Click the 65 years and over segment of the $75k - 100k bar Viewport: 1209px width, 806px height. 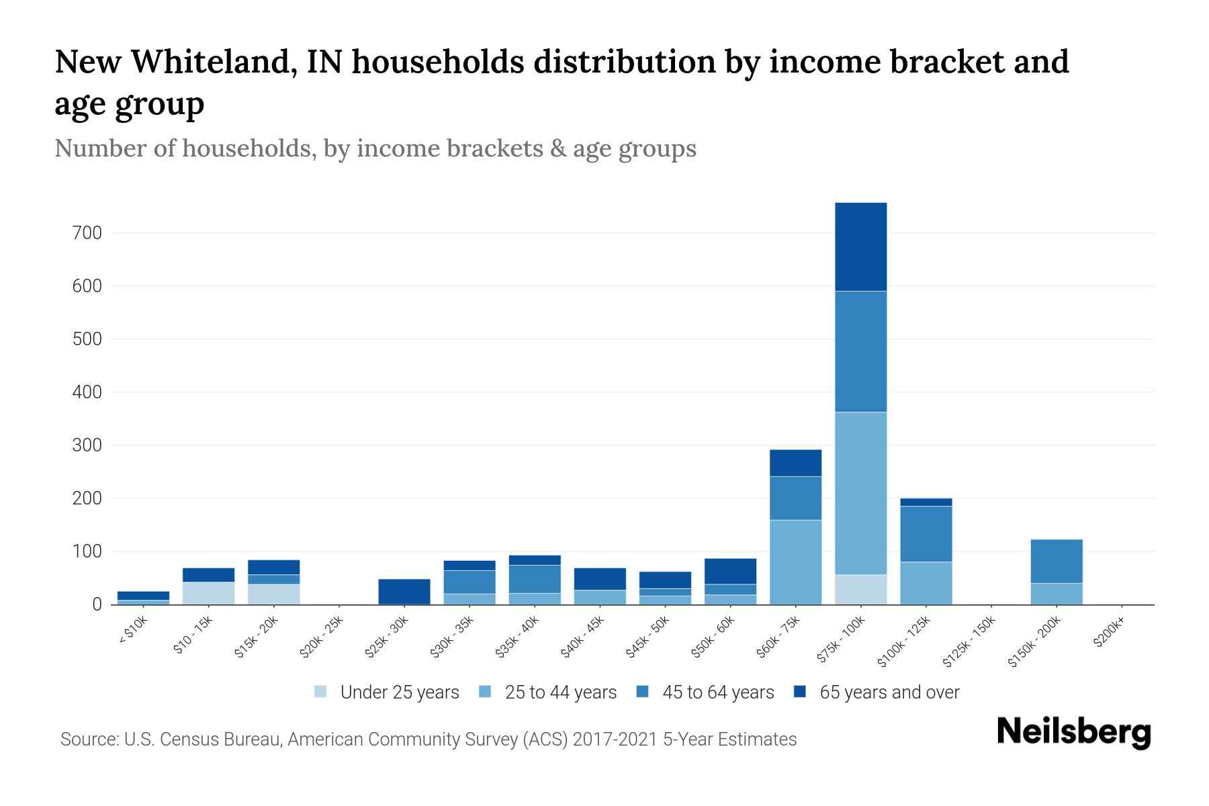click(x=860, y=247)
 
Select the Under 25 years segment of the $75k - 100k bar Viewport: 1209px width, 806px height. click(x=860, y=589)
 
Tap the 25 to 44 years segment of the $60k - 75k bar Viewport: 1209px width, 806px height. click(x=795, y=562)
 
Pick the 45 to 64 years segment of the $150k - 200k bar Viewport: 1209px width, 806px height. click(x=1057, y=561)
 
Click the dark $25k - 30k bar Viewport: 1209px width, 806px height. click(x=404, y=591)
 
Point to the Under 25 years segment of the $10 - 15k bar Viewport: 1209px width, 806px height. click(x=208, y=593)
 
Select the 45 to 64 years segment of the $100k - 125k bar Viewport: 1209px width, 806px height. click(x=926, y=533)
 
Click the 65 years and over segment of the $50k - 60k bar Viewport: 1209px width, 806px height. click(x=730, y=571)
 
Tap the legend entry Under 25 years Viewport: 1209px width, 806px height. click(x=399, y=692)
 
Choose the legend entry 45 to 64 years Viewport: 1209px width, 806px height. click(x=717, y=692)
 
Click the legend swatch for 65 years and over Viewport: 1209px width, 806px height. click(x=800, y=692)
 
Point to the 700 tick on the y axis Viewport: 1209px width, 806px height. click(x=87, y=233)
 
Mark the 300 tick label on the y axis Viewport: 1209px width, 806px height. click(x=87, y=445)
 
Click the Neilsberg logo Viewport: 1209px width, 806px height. click(x=1073, y=732)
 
